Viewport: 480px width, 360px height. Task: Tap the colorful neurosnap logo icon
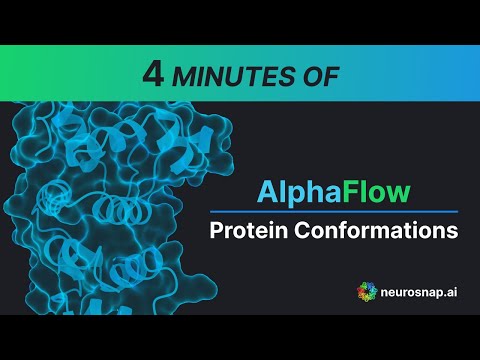[x=367, y=292]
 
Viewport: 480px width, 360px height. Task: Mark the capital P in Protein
[x=216, y=230]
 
